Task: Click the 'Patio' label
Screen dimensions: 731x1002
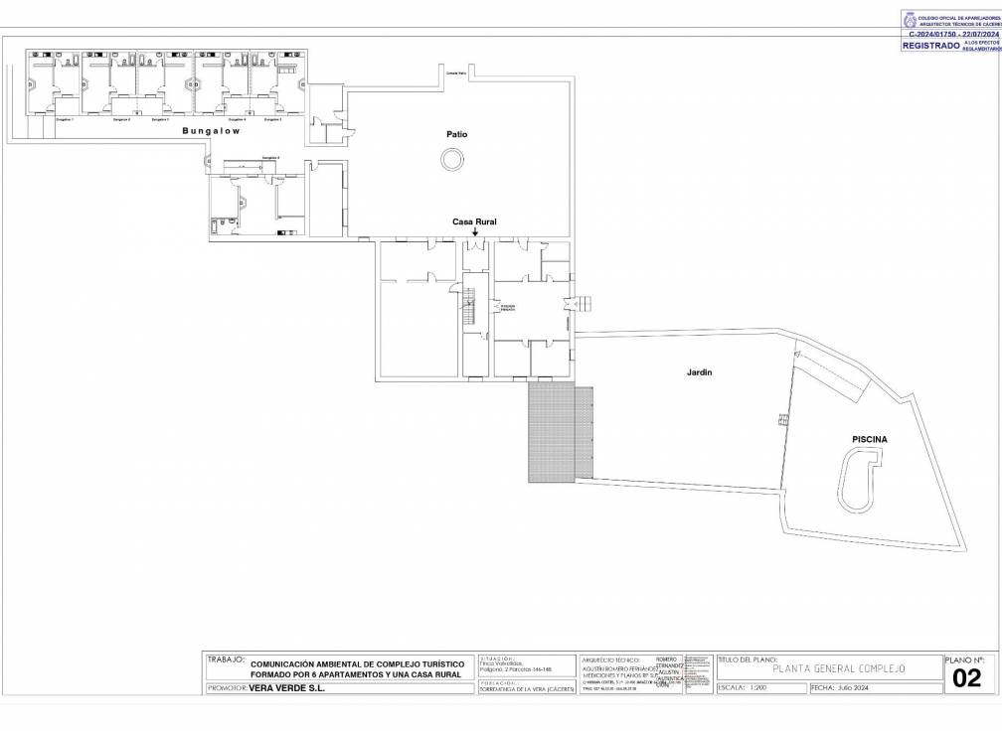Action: (456, 134)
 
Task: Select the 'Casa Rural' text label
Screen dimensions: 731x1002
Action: (474, 221)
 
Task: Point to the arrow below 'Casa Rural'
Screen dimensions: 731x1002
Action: (475, 232)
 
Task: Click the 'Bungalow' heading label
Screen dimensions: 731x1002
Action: (211, 131)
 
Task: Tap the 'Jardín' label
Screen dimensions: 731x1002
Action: (699, 373)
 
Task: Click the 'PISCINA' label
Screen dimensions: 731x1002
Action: (869, 439)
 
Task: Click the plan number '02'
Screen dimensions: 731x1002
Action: (966, 678)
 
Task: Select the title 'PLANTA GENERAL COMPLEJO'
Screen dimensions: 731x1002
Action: (829, 669)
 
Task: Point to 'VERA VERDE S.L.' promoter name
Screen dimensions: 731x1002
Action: (286, 687)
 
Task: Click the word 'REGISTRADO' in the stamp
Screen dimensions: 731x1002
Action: (930, 46)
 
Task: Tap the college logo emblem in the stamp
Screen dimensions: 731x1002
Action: (910, 19)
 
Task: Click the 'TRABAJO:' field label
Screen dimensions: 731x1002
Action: (225, 658)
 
